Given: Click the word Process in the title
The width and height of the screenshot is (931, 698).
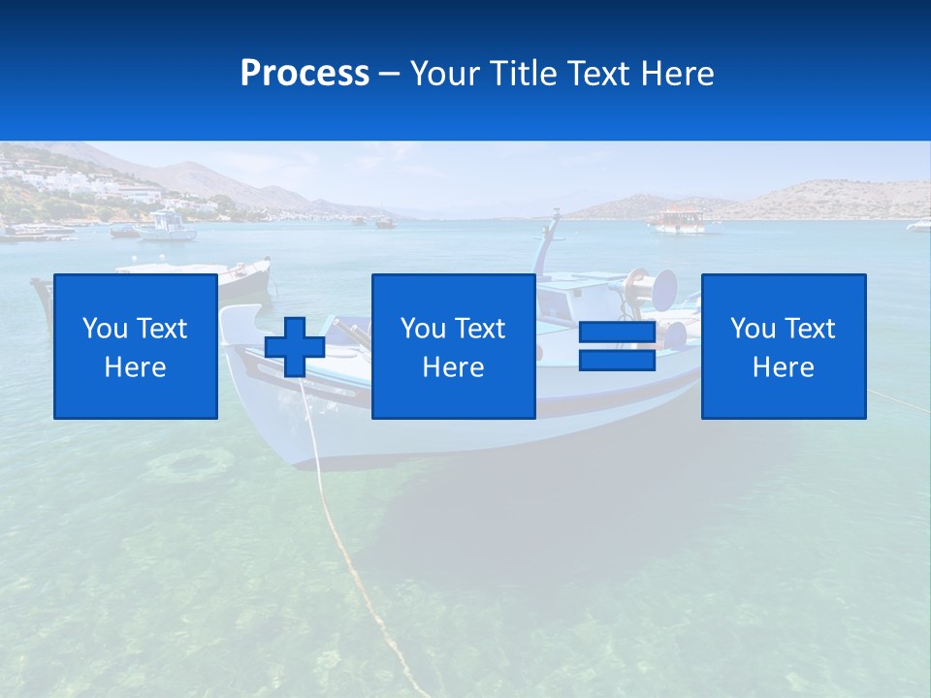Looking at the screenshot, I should click(305, 74).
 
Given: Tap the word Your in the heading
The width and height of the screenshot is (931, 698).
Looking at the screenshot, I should click(442, 74).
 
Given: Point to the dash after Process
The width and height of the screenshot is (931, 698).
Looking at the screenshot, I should click(389, 75).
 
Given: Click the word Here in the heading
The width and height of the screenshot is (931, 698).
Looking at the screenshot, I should click(677, 74).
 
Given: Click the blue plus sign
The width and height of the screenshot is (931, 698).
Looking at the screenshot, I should click(295, 347).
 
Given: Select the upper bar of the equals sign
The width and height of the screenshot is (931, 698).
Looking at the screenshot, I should click(617, 332).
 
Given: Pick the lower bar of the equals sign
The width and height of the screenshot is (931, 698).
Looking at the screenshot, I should click(617, 361).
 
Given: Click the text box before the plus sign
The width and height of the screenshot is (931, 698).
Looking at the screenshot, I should click(136, 346).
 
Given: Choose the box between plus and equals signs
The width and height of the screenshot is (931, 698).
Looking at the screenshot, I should click(453, 346).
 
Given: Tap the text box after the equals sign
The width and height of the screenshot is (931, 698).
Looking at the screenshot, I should click(783, 346).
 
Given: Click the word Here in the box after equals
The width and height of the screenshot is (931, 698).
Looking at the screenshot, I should click(783, 366).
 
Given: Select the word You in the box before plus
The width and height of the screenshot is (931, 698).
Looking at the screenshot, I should click(105, 328).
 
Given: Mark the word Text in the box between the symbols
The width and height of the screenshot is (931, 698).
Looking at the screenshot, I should click(480, 328).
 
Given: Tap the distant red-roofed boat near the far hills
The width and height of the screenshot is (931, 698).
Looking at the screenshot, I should click(677, 220).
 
